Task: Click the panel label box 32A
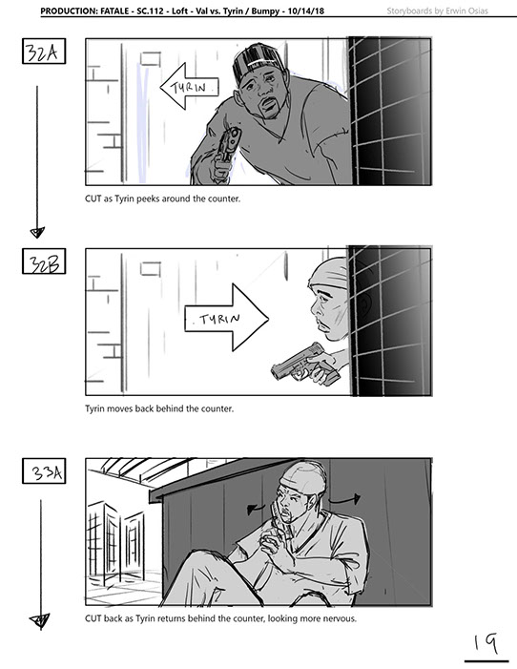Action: point(44,52)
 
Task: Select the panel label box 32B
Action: point(44,261)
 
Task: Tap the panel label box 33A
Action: point(44,471)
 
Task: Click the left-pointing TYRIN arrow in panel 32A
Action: point(189,87)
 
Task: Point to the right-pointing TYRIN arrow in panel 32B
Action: point(226,319)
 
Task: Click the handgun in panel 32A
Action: point(228,145)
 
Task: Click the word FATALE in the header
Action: point(114,10)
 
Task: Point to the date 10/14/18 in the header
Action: point(306,10)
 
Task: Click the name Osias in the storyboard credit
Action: point(477,10)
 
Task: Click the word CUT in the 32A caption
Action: point(93,199)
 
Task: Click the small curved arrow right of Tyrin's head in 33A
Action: point(345,499)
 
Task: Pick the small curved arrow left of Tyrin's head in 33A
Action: point(257,508)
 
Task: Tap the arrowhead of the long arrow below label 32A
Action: point(37,233)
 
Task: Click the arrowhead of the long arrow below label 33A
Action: point(40,620)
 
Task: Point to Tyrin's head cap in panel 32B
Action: point(329,272)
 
